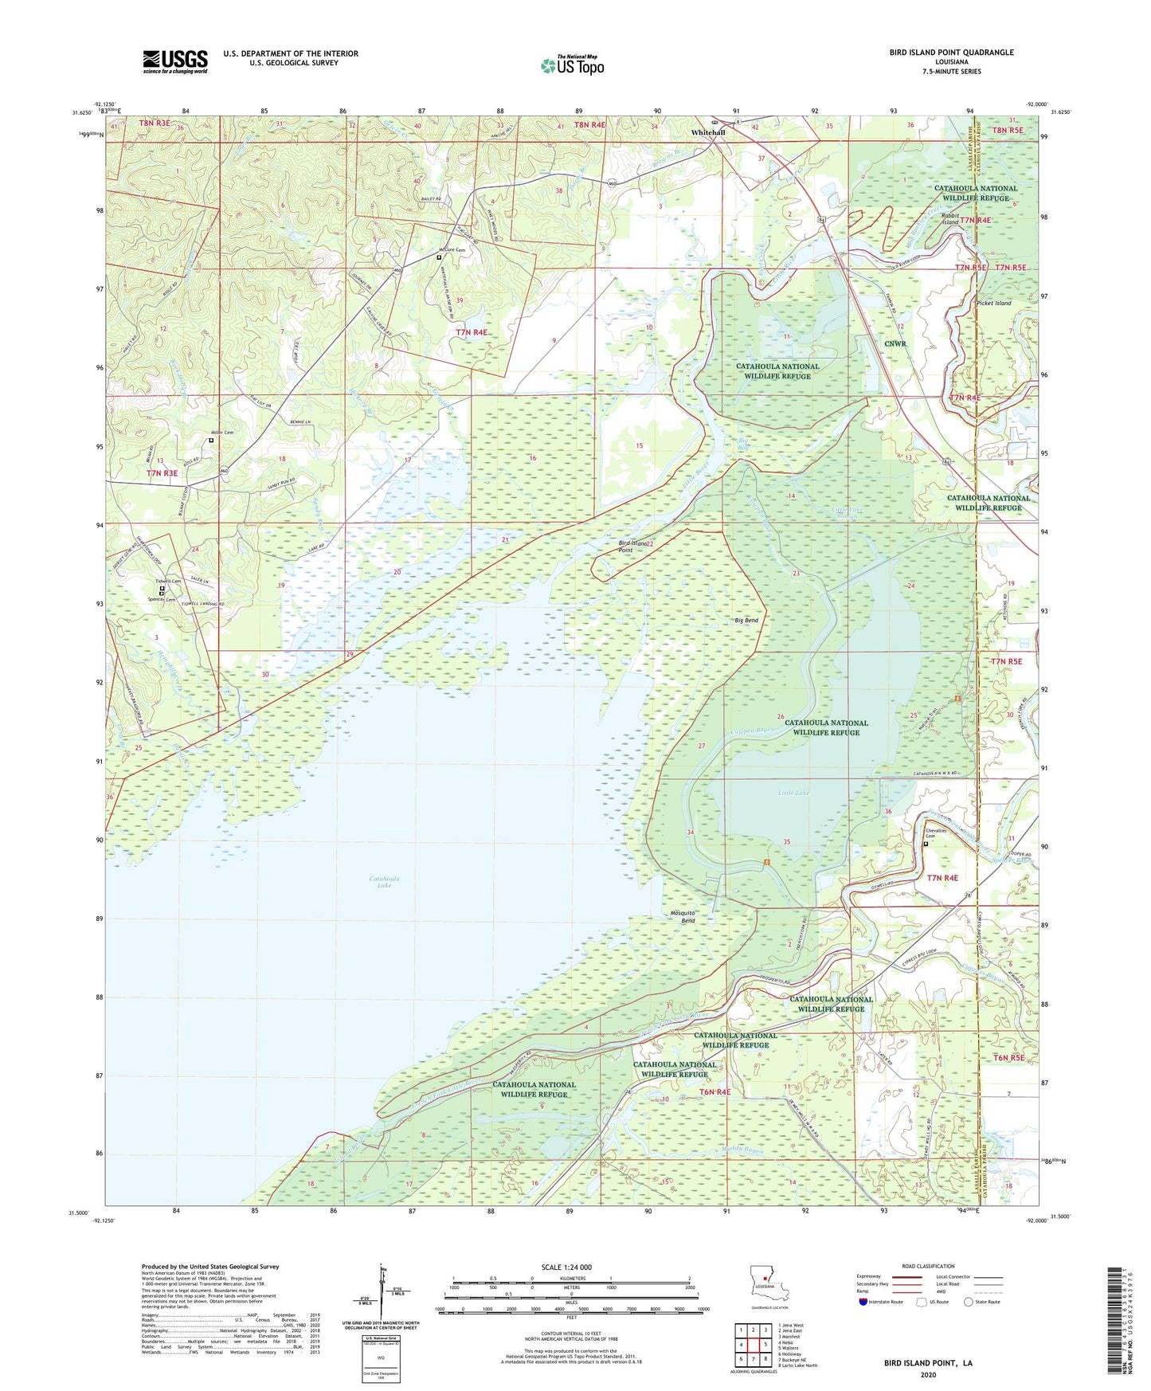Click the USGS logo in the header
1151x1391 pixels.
pyautogui.click(x=175, y=61)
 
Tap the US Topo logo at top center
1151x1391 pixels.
pyautogui.click(x=572, y=65)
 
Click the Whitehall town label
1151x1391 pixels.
pyautogui.click(x=707, y=133)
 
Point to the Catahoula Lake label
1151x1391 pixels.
pyautogui.click(x=385, y=882)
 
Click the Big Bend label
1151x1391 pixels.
pyautogui.click(x=746, y=621)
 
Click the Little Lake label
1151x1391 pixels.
pyautogui.click(x=793, y=793)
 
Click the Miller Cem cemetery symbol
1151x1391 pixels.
pyautogui.click(x=211, y=441)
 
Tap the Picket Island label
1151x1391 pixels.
pyautogui.click(x=992, y=304)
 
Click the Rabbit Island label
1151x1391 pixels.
pyautogui.click(x=950, y=218)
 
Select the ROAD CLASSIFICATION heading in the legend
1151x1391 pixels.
pyautogui.click(x=928, y=1266)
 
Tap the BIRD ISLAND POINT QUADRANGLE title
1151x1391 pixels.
pyautogui.click(x=951, y=53)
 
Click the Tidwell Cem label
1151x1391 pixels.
pyautogui.click(x=169, y=581)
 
